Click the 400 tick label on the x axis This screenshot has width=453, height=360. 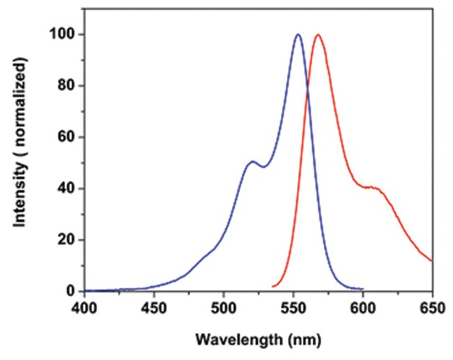coord(84,307)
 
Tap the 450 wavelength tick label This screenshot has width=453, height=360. coord(153,307)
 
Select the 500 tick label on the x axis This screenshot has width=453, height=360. coord(223,307)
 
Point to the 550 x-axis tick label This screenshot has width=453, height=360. coord(293,307)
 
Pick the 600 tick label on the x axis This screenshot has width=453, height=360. coord(362,307)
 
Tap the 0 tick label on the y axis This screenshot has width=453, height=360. coord(71,291)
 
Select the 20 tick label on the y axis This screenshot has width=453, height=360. coord(68,240)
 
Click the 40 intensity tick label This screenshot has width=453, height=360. coord(68,188)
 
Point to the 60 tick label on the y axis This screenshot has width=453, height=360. coord(68,137)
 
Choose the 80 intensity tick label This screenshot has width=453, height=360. coord(68,86)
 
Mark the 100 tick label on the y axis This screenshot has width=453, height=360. coord(64,35)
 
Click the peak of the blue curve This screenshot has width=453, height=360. coord(298,34)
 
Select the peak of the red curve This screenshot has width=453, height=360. coord(318,34)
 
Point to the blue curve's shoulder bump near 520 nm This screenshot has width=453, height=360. coord(252,162)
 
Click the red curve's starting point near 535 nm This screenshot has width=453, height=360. coord(272,287)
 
